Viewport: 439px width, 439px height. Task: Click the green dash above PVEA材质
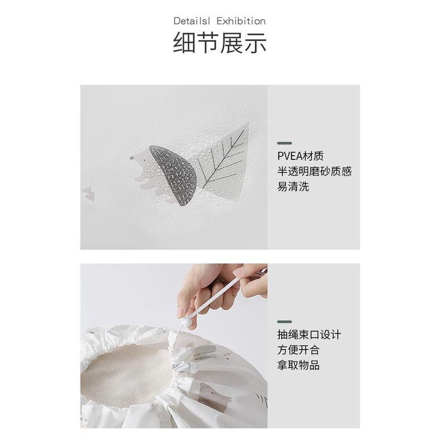[x=285, y=143]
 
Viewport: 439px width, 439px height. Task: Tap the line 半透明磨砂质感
[x=315, y=171]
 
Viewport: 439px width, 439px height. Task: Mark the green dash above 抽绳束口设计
[x=285, y=321]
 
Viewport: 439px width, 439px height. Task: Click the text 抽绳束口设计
[x=309, y=335]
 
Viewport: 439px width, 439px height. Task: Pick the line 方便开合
[x=299, y=350]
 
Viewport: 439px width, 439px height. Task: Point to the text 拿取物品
[x=299, y=365]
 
